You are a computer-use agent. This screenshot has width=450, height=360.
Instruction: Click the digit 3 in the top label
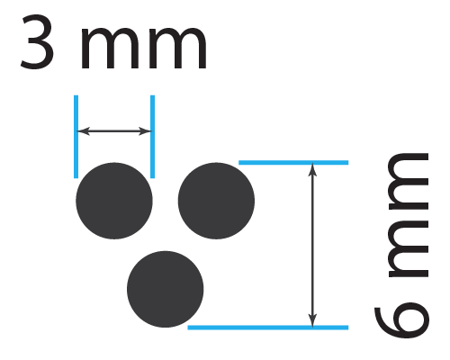click(x=37, y=41)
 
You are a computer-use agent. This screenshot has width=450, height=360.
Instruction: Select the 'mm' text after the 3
click(x=144, y=49)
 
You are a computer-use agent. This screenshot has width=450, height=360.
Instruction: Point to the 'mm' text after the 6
click(x=409, y=215)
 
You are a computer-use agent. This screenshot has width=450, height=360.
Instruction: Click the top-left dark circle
click(x=114, y=201)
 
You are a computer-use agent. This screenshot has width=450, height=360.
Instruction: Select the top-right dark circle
click(x=216, y=201)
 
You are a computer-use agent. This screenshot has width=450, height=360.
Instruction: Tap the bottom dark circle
click(x=166, y=289)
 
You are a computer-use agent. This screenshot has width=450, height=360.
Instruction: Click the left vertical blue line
click(x=76, y=137)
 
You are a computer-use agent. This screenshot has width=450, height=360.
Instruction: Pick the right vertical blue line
click(x=152, y=137)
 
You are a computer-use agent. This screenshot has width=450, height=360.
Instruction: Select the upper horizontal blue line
click(x=293, y=163)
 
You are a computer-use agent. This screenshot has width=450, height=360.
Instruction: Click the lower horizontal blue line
click(x=268, y=328)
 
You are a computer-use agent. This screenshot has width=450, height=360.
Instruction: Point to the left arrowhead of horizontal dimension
click(x=84, y=131)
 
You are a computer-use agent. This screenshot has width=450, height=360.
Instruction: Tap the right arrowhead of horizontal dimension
click(x=145, y=131)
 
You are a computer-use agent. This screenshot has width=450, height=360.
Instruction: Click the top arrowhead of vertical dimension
click(x=312, y=170)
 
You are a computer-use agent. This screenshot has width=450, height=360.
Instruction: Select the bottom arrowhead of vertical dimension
click(x=312, y=319)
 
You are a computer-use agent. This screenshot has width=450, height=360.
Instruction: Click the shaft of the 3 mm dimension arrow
click(x=114, y=131)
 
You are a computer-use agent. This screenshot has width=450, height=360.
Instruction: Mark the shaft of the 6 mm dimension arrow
click(x=312, y=245)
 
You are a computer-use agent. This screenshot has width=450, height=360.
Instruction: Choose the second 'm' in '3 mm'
click(x=178, y=49)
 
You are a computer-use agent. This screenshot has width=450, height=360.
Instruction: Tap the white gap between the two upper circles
click(x=166, y=201)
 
